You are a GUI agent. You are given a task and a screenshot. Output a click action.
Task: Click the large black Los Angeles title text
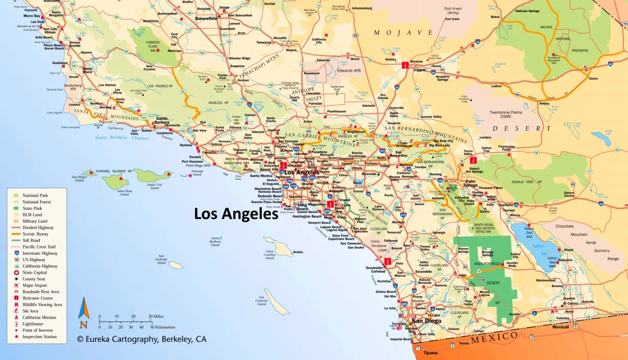click(x=236, y=214)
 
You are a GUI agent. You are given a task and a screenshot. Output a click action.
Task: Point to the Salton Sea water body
click(x=539, y=246)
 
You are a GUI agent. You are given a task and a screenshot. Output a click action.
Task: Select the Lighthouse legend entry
click(x=32, y=324)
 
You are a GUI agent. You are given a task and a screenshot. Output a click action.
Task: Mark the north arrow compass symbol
click(x=83, y=309)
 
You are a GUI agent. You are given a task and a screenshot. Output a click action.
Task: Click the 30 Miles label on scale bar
click(x=156, y=317)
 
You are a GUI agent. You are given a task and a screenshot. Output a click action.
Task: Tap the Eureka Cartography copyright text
click(x=141, y=339)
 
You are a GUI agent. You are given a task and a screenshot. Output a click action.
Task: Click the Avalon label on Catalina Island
click(x=298, y=252)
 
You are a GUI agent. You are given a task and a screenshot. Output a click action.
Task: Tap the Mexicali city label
click(x=561, y=327)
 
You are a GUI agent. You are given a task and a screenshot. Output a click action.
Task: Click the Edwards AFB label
click(x=350, y=70)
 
